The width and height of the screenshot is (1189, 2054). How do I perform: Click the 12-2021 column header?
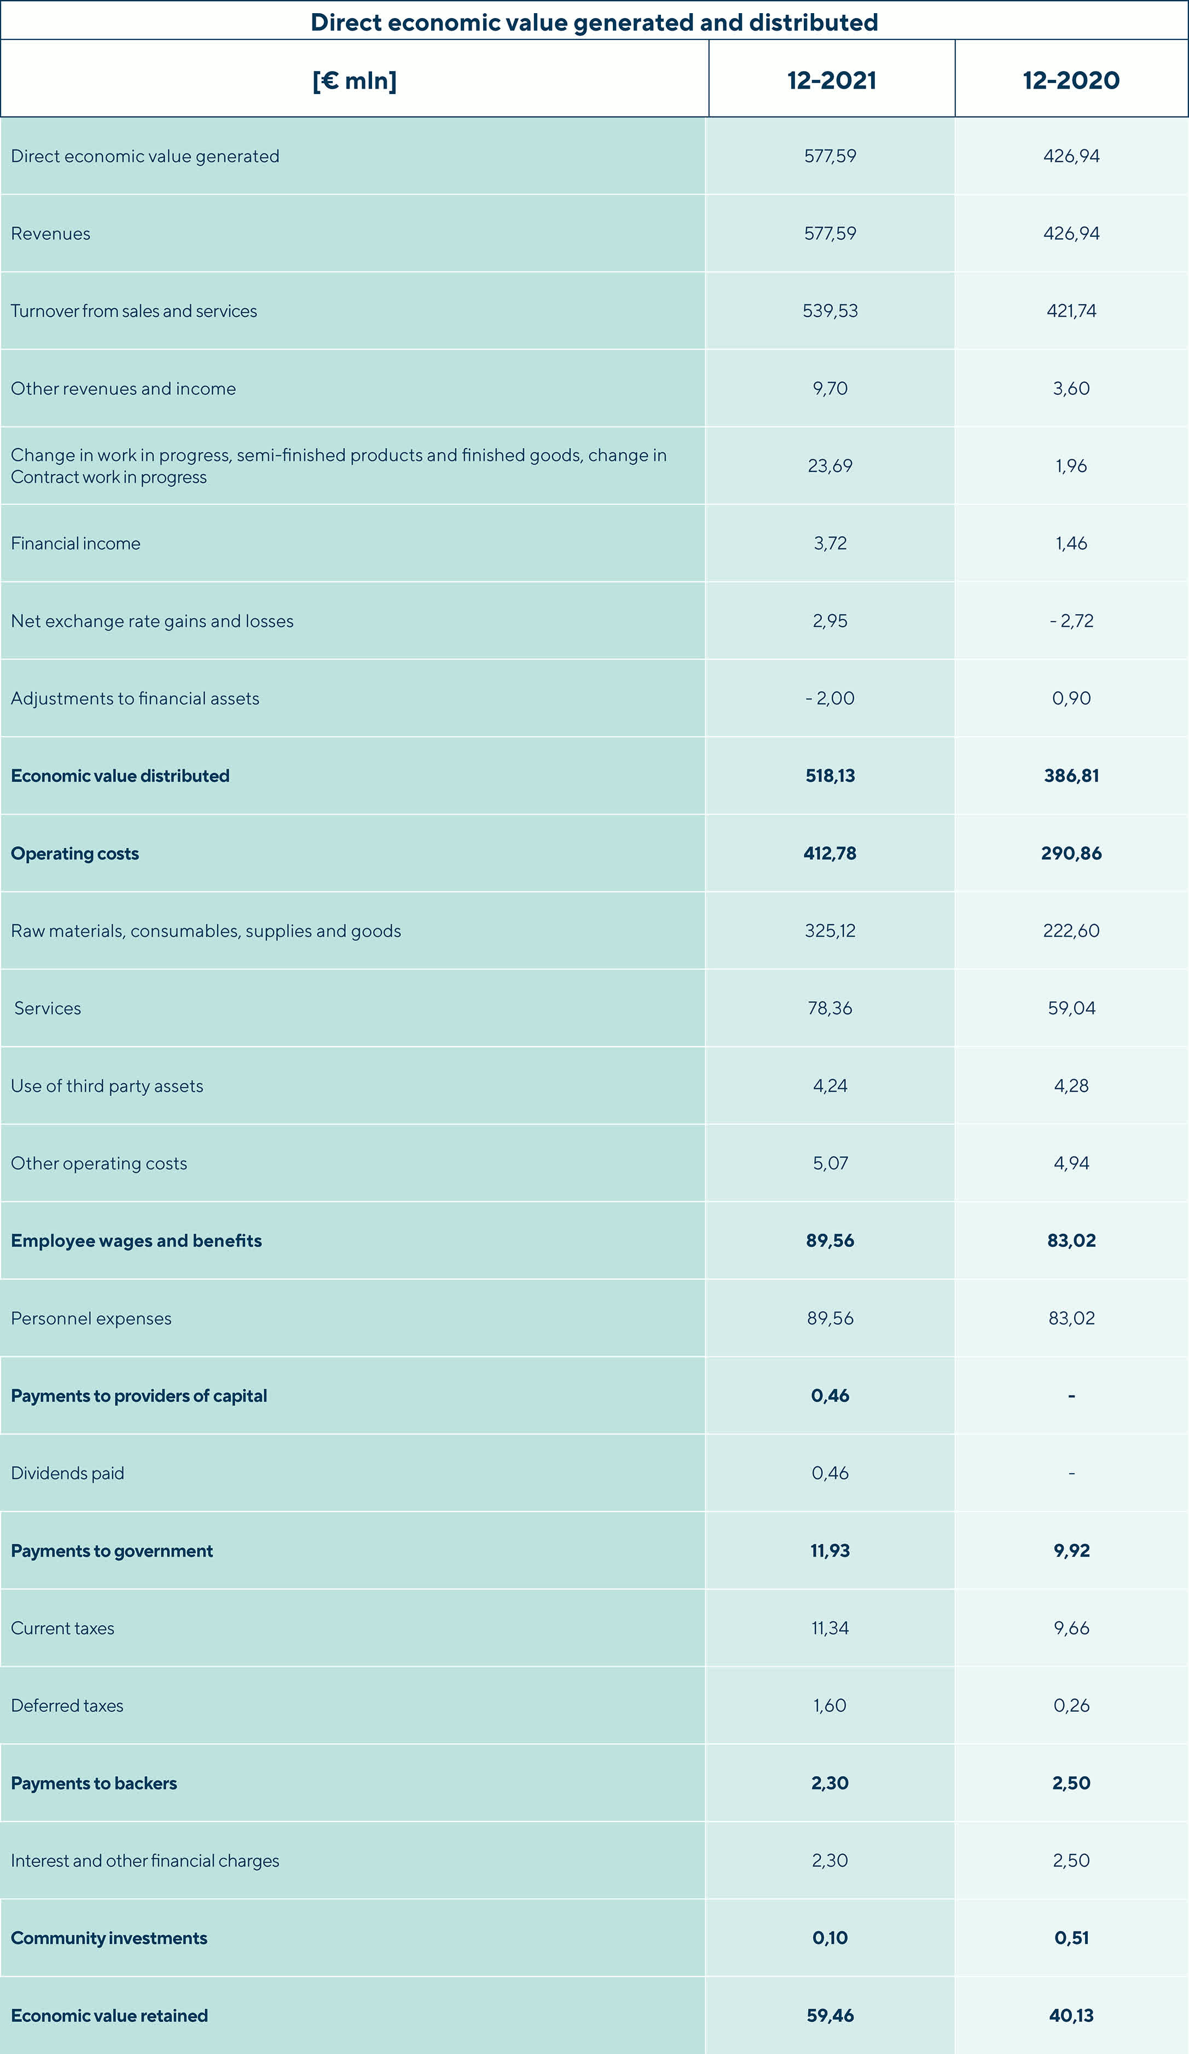[831, 80]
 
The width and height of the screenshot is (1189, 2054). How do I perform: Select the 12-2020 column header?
[1071, 80]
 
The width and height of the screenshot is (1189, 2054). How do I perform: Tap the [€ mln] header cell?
[354, 80]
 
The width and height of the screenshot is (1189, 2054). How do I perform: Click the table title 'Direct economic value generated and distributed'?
[594, 22]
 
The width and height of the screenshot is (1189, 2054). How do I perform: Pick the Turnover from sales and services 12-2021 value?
[830, 311]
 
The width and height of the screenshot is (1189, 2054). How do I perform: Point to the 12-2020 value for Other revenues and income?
[1071, 388]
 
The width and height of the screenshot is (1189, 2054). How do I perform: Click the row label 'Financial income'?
[76, 544]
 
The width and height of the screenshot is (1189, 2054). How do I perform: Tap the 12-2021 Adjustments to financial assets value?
[830, 698]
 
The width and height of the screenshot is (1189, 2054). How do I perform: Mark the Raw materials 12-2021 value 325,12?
[830, 931]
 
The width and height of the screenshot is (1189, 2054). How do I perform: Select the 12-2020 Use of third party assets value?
[1071, 1086]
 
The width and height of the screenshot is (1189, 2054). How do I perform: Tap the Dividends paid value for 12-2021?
[830, 1473]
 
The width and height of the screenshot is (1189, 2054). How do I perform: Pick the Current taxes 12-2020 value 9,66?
[1071, 1627]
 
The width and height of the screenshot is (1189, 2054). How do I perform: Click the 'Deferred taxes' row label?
[67, 1705]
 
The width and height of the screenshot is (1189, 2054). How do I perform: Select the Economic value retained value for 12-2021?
[830, 2015]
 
